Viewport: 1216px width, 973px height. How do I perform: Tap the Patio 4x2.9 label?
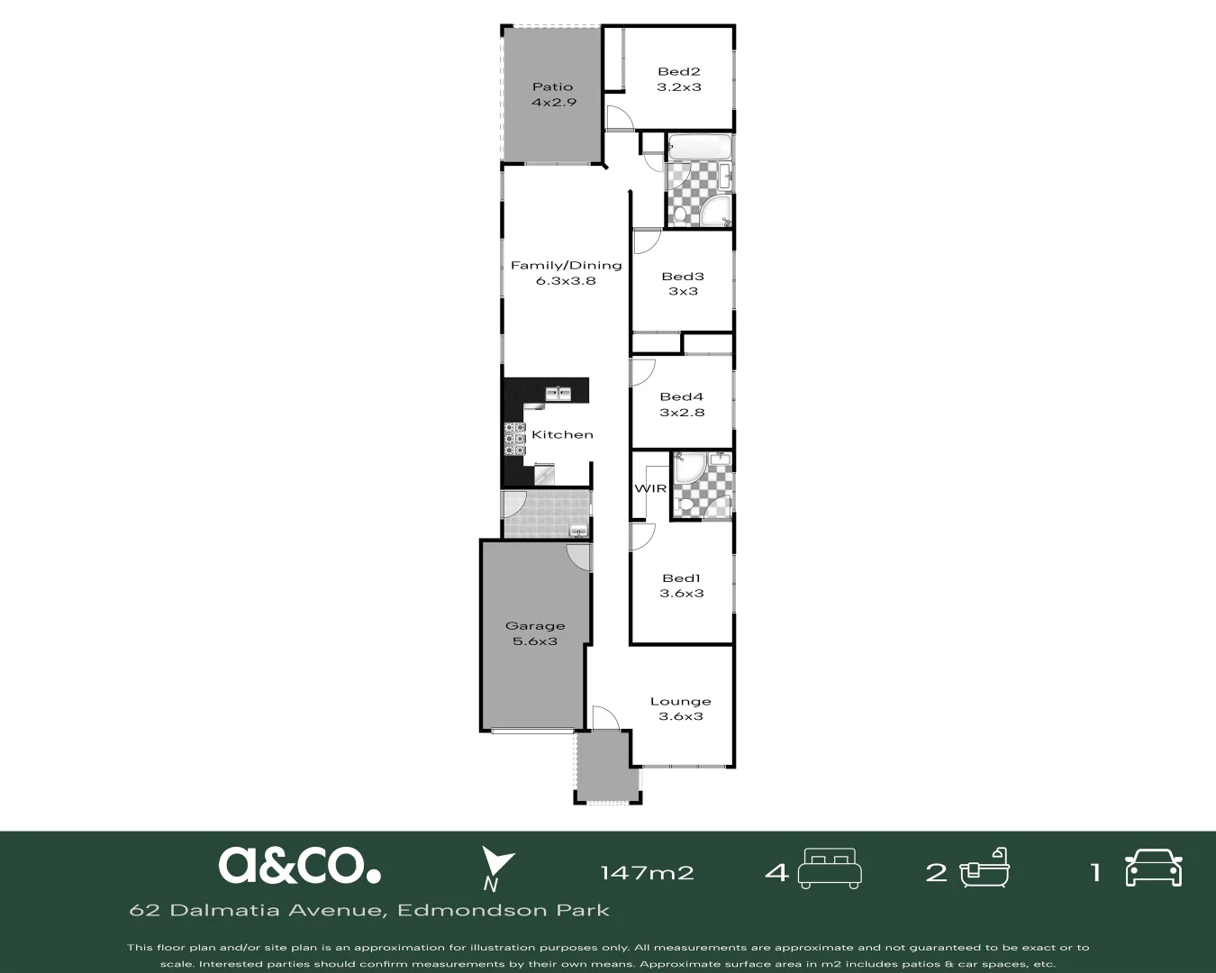coord(552,95)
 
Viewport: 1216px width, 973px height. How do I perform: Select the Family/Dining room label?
coord(566,272)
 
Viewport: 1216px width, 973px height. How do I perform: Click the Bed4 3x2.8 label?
coord(681,405)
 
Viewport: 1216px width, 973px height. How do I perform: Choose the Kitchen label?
coord(562,434)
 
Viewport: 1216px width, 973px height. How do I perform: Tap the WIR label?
coord(650,488)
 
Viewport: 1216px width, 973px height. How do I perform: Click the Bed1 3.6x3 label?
coord(681,586)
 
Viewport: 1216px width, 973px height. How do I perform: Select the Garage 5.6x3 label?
coord(535,633)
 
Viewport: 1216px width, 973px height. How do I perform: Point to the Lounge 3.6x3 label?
coord(680,708)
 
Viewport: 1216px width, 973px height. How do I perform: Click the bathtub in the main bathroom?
coord(698,147)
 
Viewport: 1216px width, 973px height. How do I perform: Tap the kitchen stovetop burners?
coord(514,439)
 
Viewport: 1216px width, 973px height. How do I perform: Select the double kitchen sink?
coord(558,393)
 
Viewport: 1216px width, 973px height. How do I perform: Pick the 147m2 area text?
coord(647,872)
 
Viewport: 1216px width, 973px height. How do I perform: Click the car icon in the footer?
coord(1153,868)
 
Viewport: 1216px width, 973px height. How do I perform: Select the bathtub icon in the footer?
coord(985,868)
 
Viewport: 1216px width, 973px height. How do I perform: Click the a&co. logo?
coord(299,865)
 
